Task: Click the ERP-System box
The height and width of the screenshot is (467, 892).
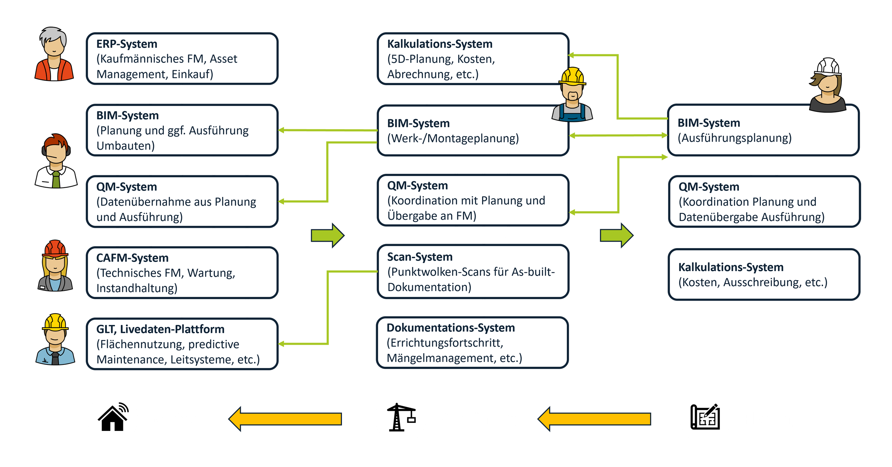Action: pyautogui.click(x=182, y=59)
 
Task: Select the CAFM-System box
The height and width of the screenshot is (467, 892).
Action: pyautogui.click(x=182, y=273)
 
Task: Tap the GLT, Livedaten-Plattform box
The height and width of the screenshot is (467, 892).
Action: pyautogui.click(x=182, y=344)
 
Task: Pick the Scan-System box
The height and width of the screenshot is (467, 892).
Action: pyautogui.click(x=472, y=272)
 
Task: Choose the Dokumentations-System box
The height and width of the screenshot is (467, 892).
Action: pyautogui.click(x=472, y=343)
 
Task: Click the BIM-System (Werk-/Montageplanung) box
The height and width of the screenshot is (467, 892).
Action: pyautogui.click(x=472, y=130)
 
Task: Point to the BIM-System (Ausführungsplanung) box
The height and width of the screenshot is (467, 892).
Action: pyautogui.click(x=763, y=130)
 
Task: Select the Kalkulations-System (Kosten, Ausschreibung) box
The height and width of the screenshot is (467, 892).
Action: pyautogui.click(x=764, y=275)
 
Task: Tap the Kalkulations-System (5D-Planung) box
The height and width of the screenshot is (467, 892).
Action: pyautogui.click(x=472, y=59)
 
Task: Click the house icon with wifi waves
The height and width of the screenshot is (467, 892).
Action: pyautogui.click(x=113, y=417)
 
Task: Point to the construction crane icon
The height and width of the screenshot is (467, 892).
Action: pyautogui.click(x=401, y=417)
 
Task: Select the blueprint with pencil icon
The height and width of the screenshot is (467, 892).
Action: pyautogui.click(x=705, y=417)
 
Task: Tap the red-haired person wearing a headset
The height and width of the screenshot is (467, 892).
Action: pyautogui.click(x=56, y=161)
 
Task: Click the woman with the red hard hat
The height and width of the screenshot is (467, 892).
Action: pyautogui.click(x=55, y=265)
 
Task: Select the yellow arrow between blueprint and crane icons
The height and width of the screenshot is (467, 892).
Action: pyautogui.click(x=594, y=419)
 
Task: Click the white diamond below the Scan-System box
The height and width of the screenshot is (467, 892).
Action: pyautogui.click(x=484, y=308)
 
